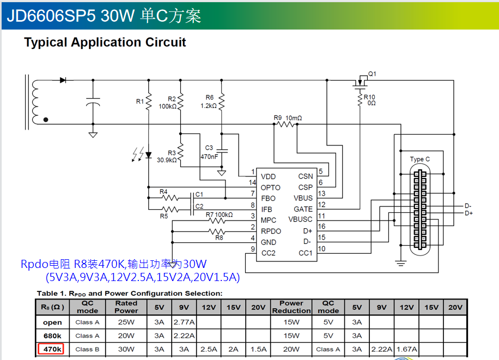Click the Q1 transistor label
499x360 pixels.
click(373, 74)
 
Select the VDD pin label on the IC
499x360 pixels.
click(268, 176)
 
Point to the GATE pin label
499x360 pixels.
click(303, 209)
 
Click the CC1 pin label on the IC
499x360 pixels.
click(306, 253)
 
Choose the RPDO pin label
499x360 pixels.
click(272, 231)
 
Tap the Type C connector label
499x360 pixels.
click(419, 159)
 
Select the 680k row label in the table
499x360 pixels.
click(52, 335)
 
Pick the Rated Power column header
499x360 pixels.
click(126, 307)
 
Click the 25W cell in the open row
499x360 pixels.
click(126, 322)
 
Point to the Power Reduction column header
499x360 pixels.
click(291, 307)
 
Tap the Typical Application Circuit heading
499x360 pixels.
click(105, 42)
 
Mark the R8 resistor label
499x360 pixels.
click(219, 237)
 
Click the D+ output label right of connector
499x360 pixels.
click(468, 213)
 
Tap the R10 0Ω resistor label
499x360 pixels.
click(370, 100)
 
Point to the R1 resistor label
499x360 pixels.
click(140, 101)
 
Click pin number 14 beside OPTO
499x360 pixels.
click(252, 182)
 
